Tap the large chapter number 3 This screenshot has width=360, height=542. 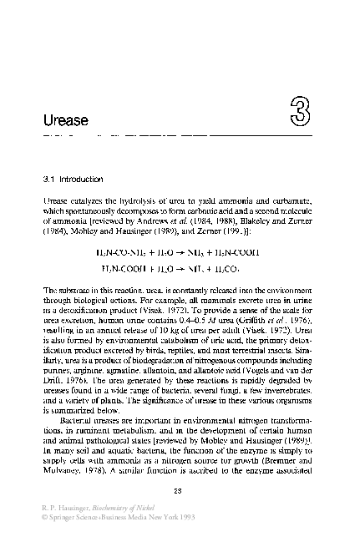[301, 109]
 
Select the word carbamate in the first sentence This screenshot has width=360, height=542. [292, 203]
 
